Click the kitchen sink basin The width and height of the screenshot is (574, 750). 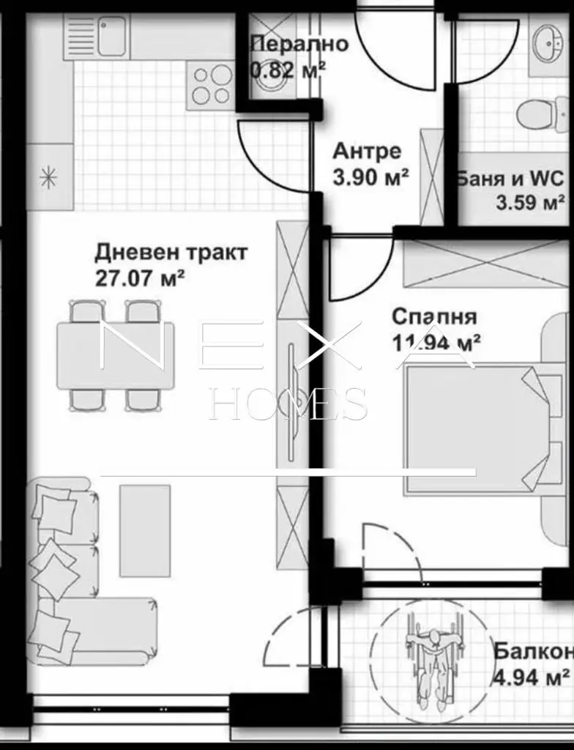coord(113,35)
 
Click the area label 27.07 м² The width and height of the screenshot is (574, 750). coord(140,278)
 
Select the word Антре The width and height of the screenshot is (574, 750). coord(367,152)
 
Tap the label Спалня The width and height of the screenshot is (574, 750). coord(434,316)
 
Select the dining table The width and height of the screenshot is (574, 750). coord(115,356)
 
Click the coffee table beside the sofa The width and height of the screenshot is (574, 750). coord(145,531)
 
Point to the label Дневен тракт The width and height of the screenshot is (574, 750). coord(171,253)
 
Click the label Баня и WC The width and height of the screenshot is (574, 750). coord(510,179)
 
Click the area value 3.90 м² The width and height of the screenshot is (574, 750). coord(370,179)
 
